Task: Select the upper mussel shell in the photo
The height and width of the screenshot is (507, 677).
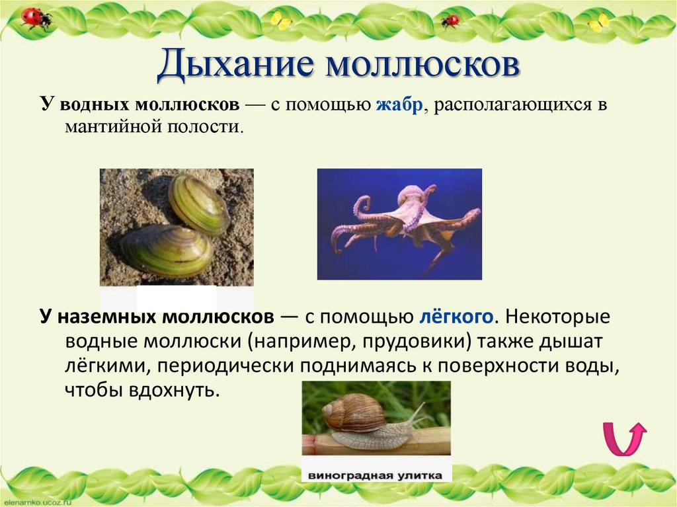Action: (x=198, y=205)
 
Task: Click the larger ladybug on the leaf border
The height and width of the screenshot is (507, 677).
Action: (x=34, y=18)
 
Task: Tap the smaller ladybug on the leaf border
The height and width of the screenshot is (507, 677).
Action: (x=450, y=20)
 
